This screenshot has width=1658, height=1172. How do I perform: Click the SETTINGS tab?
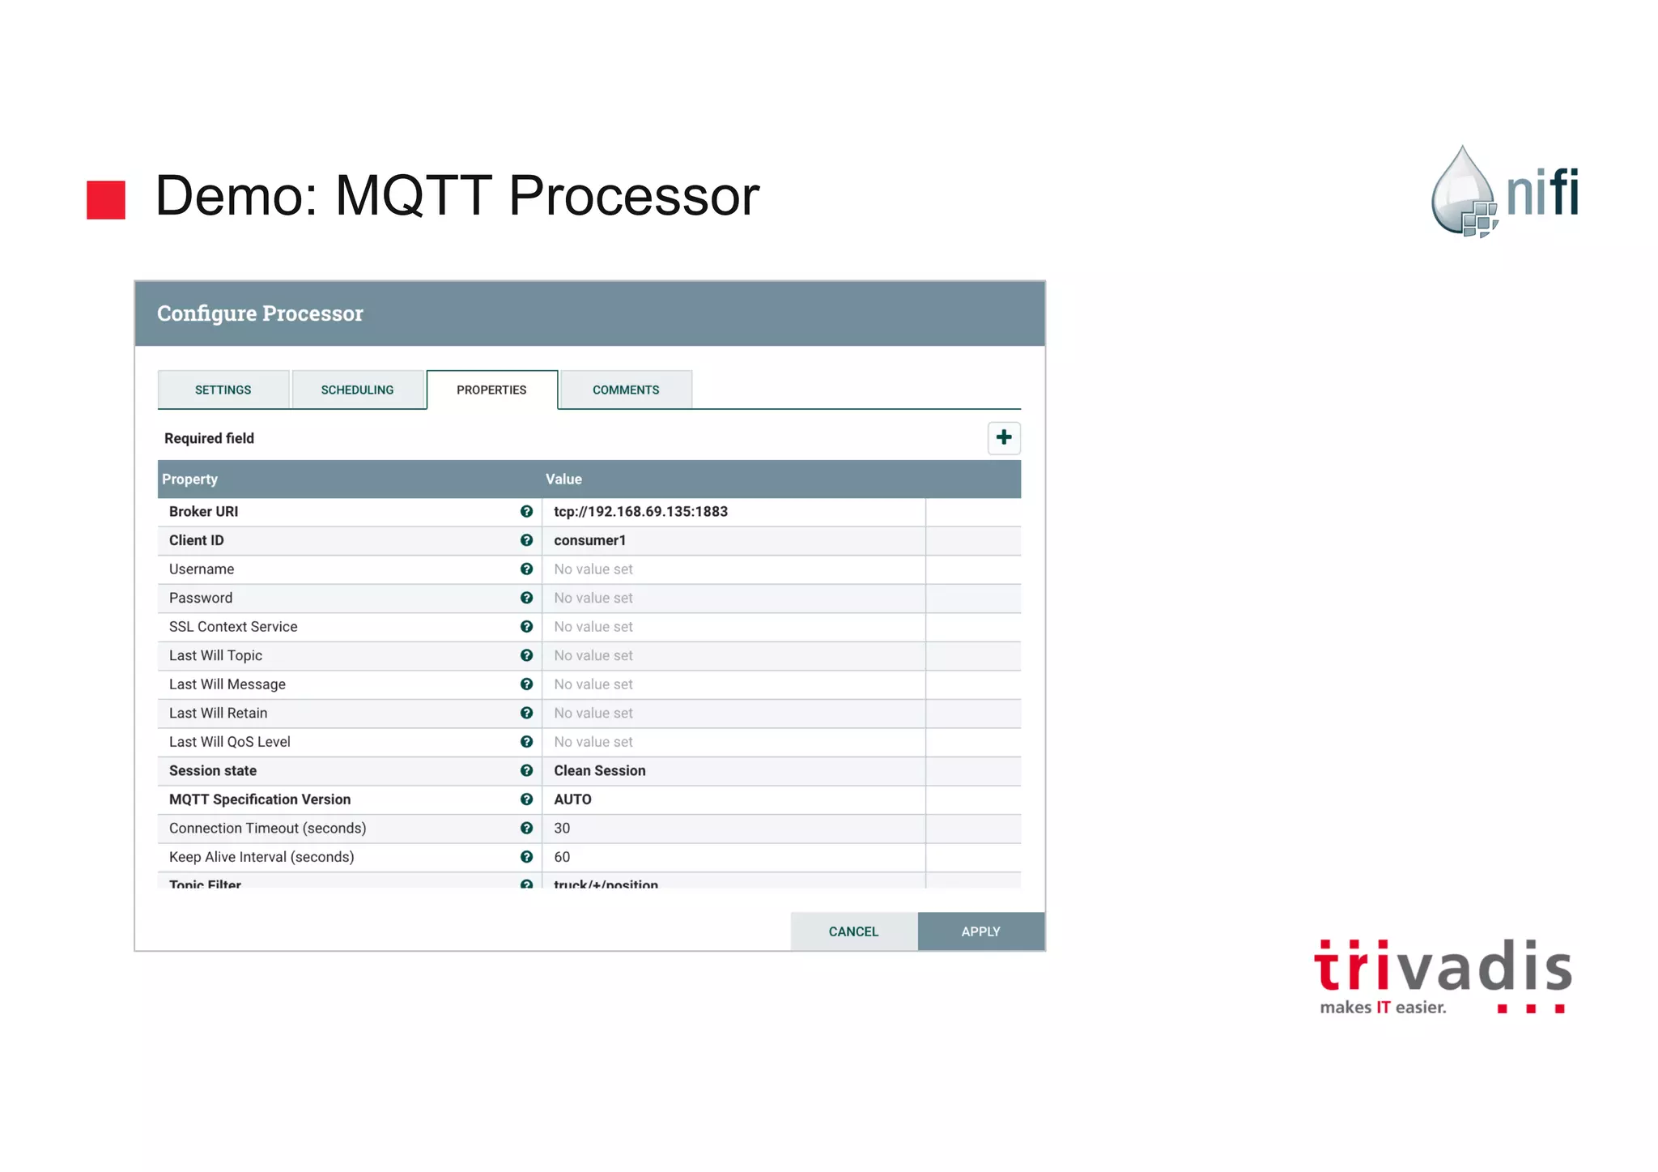pos(223,390)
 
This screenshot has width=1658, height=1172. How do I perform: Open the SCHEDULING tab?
pos(357,390)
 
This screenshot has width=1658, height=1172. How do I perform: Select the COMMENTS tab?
pos(626,390)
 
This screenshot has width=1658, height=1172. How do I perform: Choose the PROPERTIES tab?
pos(491,390)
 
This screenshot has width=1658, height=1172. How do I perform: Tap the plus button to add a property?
pos(1004,437)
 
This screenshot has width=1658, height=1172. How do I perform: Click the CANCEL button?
pos(853,931)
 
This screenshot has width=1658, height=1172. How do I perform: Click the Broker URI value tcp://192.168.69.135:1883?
pos(640,511)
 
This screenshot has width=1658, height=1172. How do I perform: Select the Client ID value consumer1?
pos(589,540)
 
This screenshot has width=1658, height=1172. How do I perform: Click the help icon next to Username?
pos(526,569)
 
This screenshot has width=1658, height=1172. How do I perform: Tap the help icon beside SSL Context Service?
pos(526,626)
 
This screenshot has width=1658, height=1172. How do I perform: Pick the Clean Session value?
pos(599,770)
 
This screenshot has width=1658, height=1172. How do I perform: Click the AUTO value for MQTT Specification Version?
pos(572,799)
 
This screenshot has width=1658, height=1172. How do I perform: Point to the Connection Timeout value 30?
pos(562,828)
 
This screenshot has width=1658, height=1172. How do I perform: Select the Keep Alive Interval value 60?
pos(562,857)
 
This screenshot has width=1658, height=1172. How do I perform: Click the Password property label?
pos(201,598)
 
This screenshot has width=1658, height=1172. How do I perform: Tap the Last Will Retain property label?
pos(218,713)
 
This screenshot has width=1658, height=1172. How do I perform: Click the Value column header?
pos(563,479)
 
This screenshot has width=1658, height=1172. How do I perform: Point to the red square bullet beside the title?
pos(106,199)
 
